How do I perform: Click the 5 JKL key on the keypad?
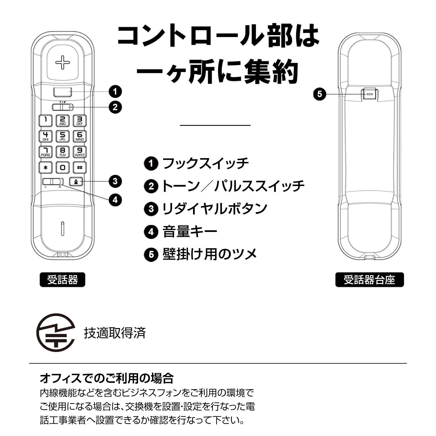point(62,136)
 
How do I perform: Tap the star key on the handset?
point(46,167)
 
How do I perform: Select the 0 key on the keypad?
point(62,167)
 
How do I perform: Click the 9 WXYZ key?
point(79,152)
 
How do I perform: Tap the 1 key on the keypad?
point(46,120)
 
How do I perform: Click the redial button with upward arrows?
point(76,182)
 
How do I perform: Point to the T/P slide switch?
point(63,107)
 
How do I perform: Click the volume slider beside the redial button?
point(53,182)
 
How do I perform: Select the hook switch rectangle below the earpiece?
point(62,92)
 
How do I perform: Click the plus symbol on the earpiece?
point(63,62)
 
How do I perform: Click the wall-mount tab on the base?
point(369,94)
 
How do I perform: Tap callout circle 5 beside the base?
point(320,94)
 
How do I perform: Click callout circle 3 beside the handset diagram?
point(115,181)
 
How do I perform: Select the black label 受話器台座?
point(369,280)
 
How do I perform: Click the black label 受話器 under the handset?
point(62,280)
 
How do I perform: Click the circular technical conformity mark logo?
point(55,333)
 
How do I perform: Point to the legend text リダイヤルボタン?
point(215,209)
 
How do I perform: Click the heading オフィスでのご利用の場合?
point(107,378)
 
